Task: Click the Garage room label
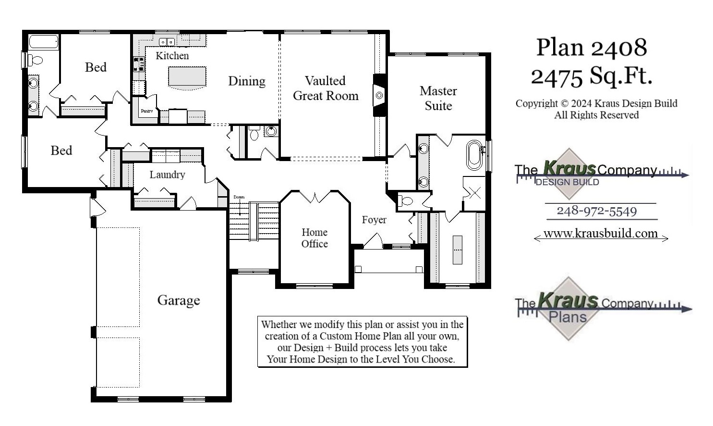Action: pos(178,301)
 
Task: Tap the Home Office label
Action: pos(314,238)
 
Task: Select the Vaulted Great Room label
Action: pos(326,88)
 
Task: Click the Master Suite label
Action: pos(438,98)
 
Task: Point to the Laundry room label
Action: pos(167,175)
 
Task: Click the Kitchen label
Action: pos(172,56)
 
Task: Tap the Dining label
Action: pos(246,81)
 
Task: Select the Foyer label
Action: pos(374,220)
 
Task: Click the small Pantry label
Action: pos(146,111)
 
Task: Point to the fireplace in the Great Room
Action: pos(379,95)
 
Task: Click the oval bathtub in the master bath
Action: pos(474,155)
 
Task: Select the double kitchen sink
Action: pos(167,42)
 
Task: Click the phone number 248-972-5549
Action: pos(596,211)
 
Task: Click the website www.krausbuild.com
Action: pos(600,234)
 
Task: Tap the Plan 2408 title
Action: pos(592,48)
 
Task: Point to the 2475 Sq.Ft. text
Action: pos(592,75)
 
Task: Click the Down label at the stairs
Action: pos(239,197)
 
